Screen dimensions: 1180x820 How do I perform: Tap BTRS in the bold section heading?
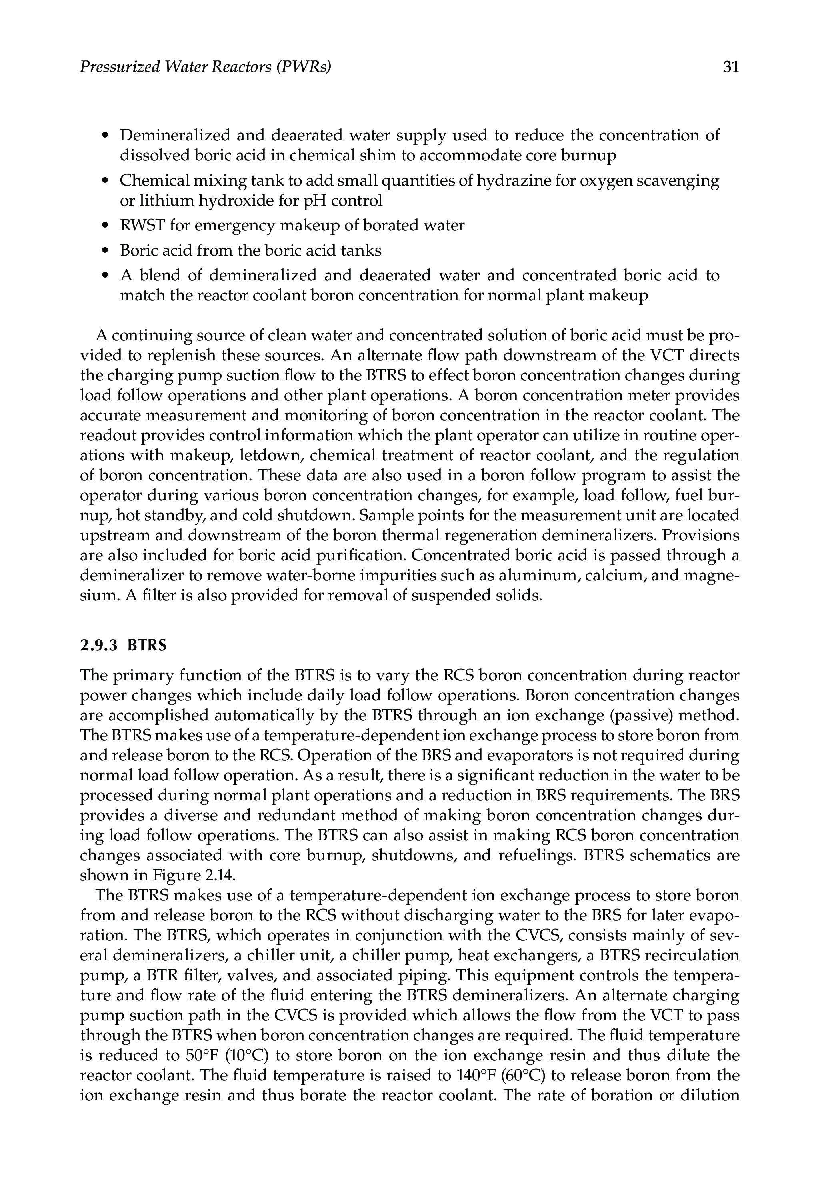pos(148,645)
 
